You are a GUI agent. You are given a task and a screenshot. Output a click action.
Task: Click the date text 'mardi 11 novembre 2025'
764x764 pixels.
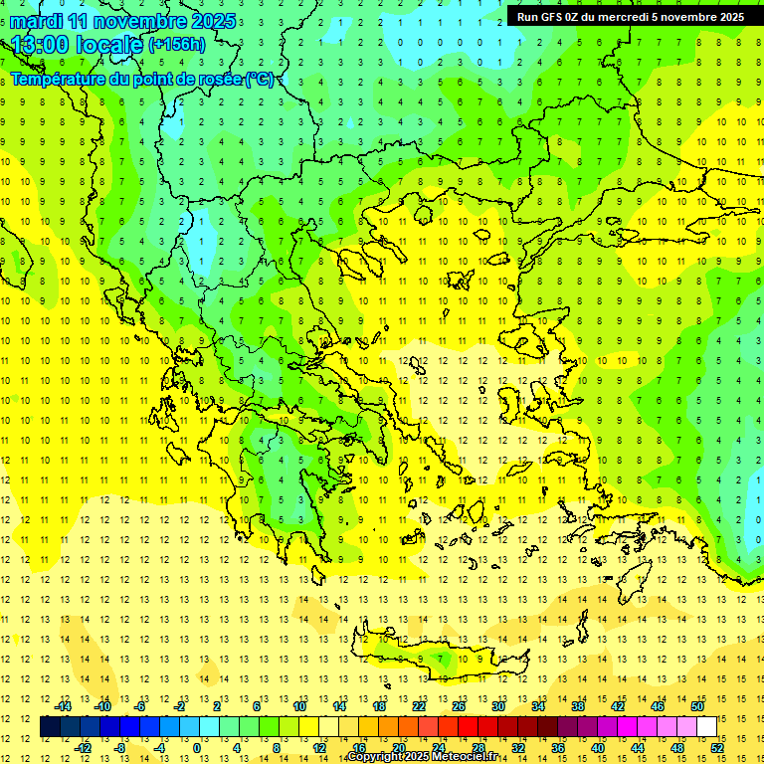(x=123, y=21)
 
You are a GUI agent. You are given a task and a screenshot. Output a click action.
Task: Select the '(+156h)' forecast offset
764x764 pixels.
(x=177, y=45)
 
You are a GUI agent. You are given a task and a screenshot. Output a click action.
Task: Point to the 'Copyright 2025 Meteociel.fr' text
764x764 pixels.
(x=422, y=757)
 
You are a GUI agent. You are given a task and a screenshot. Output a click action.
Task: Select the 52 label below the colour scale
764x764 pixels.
(x=716, y=747)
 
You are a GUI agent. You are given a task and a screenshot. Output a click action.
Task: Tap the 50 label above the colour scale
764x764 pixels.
(x=696, y=706)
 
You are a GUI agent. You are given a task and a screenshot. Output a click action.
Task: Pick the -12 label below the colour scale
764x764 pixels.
(x=83, y=747)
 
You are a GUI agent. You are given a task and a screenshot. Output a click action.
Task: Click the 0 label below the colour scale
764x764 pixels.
(x=197, y=747)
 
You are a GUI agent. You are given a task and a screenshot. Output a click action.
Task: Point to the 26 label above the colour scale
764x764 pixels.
(x=459, y=706)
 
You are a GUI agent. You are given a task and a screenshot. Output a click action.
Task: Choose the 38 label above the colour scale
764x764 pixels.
(x=577, y=706)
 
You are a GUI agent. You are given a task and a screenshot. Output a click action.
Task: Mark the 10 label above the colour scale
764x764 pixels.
(x=298, y=706)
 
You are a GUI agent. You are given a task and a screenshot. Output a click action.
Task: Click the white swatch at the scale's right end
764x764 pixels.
(x=706, y=727)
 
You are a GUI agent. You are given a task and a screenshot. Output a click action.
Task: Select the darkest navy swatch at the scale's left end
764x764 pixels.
(x=51, y=727)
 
